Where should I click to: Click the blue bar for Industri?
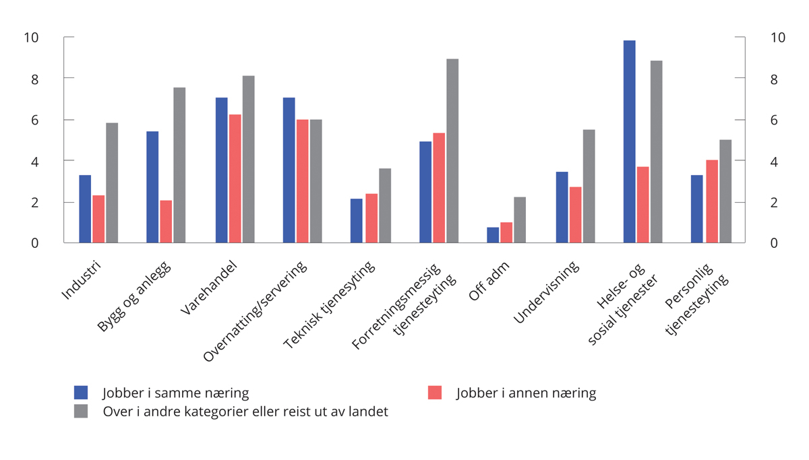(85, 209)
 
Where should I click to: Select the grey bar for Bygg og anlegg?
(179, 165)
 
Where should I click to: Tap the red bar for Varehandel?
(235, 178)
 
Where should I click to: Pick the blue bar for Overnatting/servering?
(289, 170)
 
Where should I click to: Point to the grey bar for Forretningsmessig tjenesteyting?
(452, 151)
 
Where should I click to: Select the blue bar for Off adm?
(493, 235)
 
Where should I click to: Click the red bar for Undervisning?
(576, 215)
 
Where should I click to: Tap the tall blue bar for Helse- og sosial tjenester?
(629, 141)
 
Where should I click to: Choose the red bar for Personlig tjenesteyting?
(712, 201)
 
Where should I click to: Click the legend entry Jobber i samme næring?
(175, 393)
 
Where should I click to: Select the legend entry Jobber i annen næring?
(525, 393)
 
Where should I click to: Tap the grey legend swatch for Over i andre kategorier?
(81, 411)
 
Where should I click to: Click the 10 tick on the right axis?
(777, 38)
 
